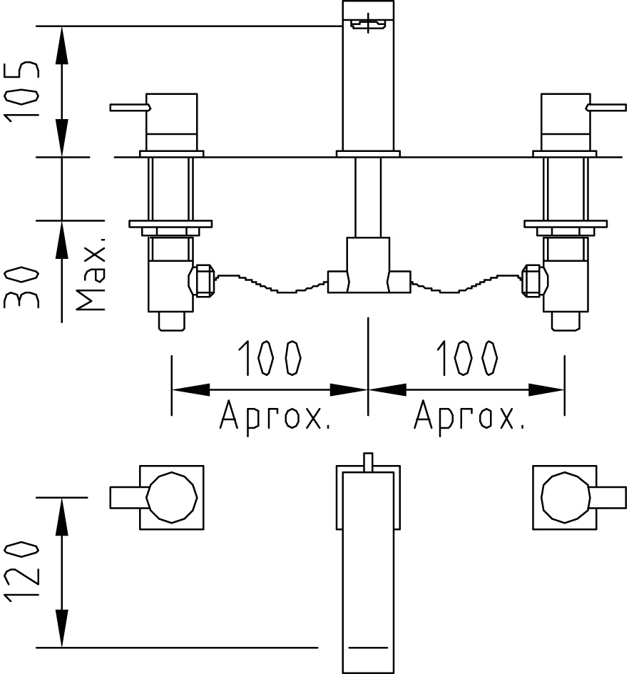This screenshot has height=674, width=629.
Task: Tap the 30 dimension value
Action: [21, 287]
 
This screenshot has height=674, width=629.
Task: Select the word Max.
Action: [91, 274]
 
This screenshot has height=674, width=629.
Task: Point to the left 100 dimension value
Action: [270, 357]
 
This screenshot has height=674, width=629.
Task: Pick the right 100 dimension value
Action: [466, 357]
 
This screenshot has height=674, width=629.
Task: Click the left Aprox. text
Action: [275, 416]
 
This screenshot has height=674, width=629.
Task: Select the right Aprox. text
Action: [469, 416]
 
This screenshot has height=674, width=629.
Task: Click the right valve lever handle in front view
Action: [606, 107]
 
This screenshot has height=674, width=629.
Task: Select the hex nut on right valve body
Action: [534, 281]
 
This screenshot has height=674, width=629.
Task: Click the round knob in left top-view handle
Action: [172, 497]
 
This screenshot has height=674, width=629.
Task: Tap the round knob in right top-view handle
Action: [565, 497]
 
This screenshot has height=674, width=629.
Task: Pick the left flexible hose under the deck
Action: [271, 284]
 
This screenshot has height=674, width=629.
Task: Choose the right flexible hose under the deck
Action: [466, 284]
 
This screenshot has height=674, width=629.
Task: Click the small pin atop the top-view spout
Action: [368, 462]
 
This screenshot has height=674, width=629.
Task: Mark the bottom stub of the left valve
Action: [172, 321]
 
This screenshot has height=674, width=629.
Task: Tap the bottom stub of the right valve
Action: [565, 321]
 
